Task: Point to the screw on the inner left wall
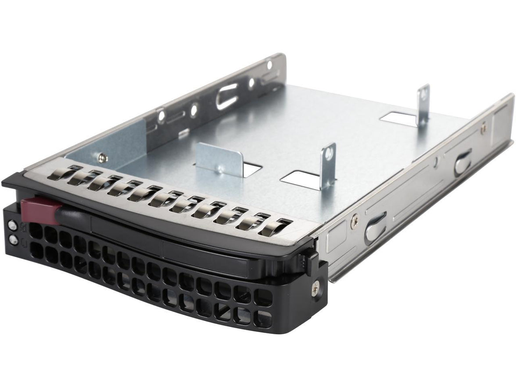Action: (102, 155)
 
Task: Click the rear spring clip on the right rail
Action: (463, 161)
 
